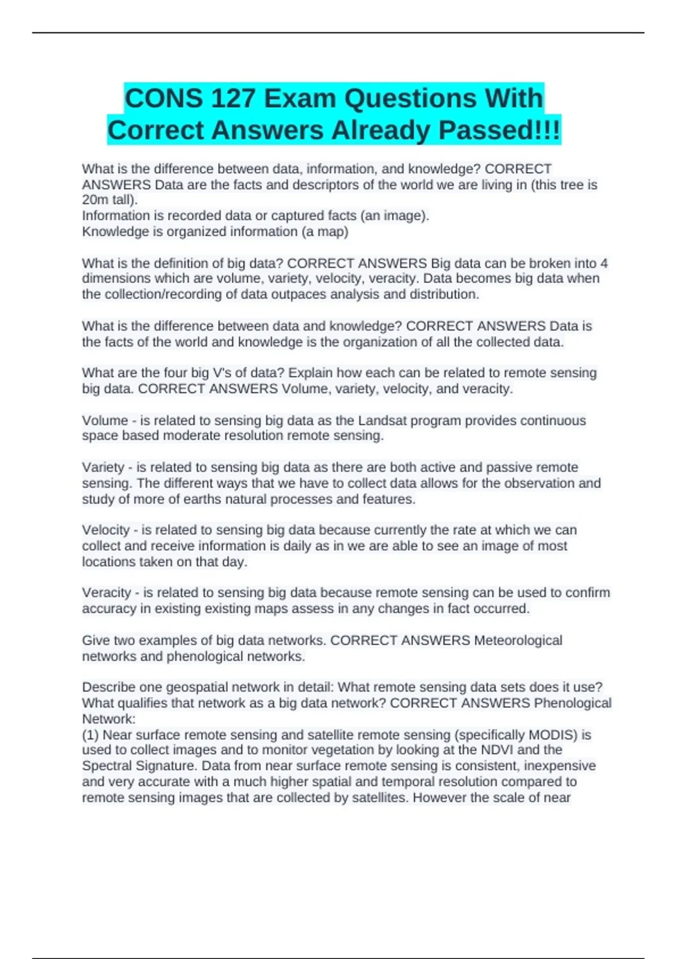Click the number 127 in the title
click(233, 98)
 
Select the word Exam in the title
click(300, 98)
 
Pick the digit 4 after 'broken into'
click(604, 263)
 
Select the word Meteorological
click(518, 641)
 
